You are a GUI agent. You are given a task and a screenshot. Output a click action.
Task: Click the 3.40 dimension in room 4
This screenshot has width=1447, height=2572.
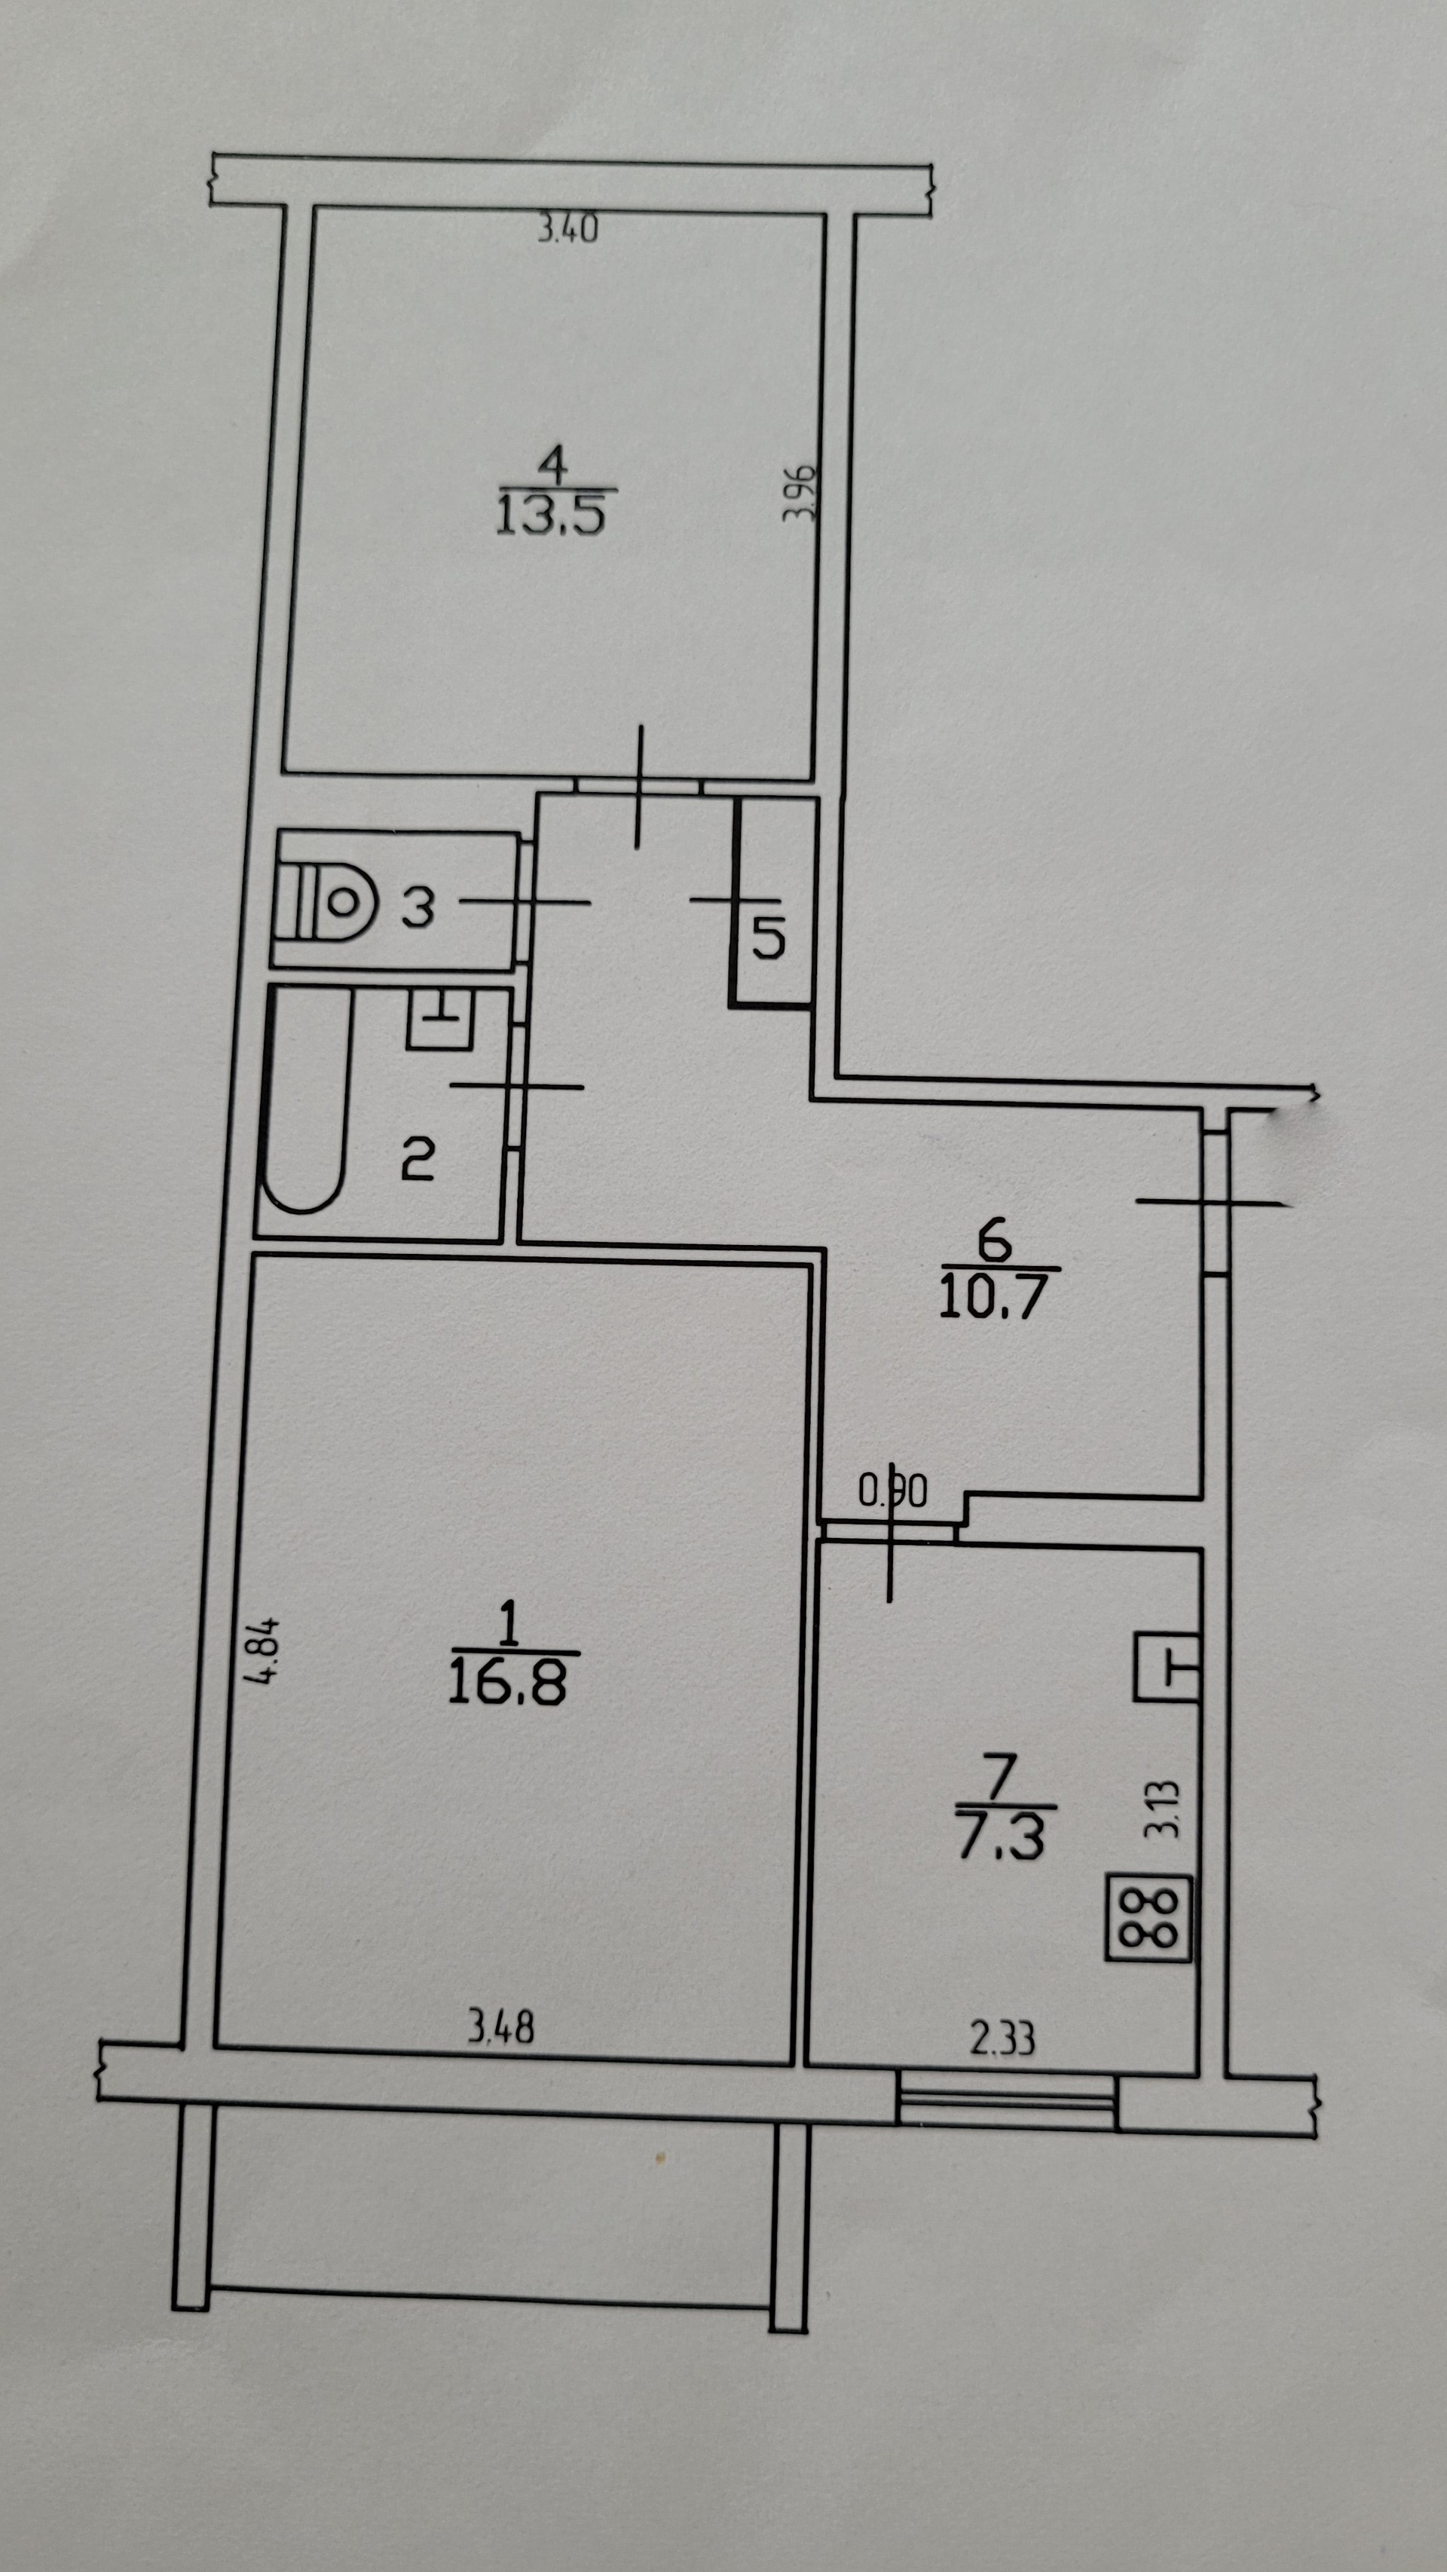(567, 231)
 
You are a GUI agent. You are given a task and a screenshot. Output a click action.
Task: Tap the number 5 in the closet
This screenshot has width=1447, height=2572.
(768, 937)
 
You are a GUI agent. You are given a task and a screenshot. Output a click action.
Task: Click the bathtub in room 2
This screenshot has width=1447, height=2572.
(304, 1100)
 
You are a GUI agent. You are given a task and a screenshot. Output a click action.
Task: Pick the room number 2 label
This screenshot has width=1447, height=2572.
(418, 1161)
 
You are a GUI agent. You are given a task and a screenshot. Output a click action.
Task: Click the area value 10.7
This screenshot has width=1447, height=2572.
(992, 1298)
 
